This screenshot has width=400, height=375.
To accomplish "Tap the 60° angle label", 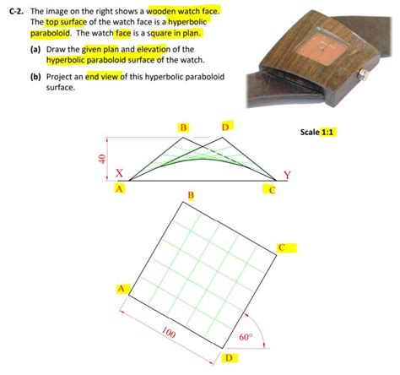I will tap(246, 336).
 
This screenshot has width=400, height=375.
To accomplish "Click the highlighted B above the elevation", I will tap(183, 127).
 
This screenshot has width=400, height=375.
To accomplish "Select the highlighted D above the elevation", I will tap(225, 127).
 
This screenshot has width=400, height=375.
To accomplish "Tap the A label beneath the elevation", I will tap(120, 188).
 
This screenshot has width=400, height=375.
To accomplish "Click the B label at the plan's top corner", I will tap(190, 196).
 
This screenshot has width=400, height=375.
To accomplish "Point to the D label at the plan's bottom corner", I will tap(228, 358).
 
